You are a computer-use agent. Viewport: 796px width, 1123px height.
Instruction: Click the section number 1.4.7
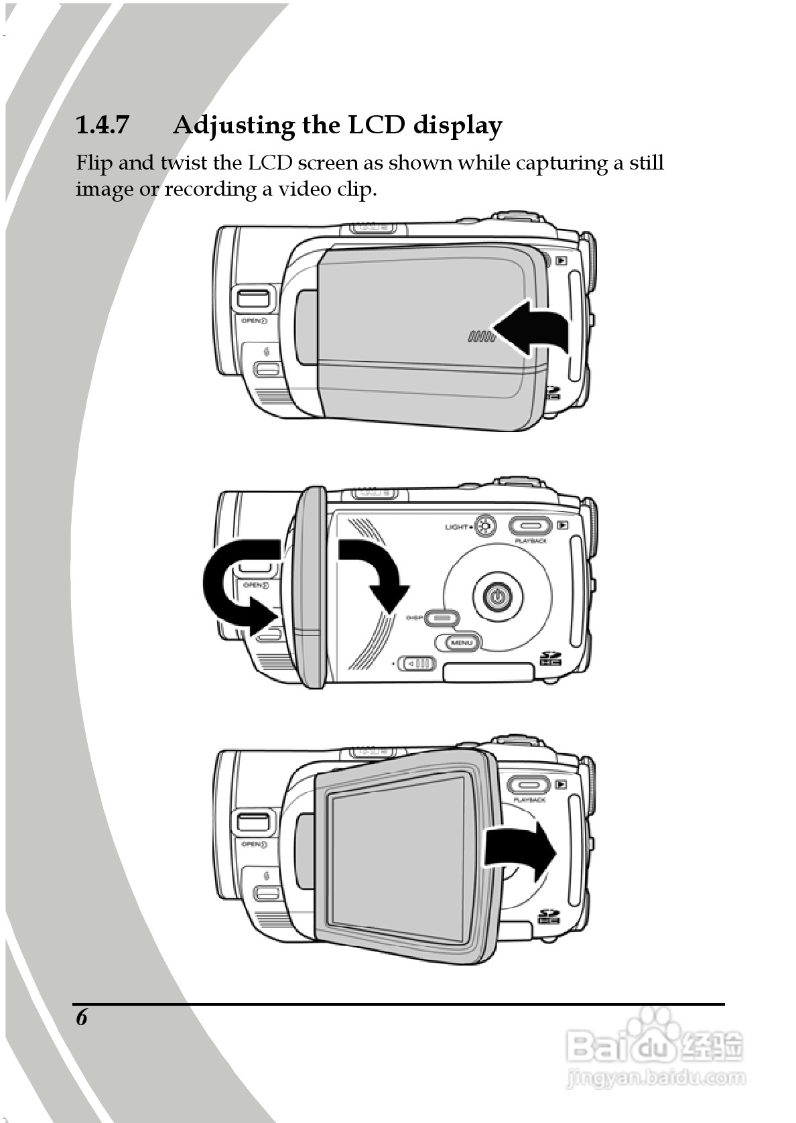click(x=102, y=125)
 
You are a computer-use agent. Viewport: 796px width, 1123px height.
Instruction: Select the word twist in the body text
click(x=184, y=163)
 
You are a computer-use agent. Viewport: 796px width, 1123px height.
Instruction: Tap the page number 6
click(x=82, y=1017)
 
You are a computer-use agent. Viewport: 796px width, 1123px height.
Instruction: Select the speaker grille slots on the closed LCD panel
click(x=480, y=336)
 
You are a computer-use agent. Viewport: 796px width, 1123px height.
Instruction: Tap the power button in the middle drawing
click(x=496, y=595)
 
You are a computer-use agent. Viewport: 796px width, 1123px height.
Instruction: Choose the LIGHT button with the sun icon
click(x=484, y=527)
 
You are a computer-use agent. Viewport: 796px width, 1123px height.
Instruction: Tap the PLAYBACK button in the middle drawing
click(x=530, y=527)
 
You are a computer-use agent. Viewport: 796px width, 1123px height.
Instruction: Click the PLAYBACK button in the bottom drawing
click(x=529, y=785)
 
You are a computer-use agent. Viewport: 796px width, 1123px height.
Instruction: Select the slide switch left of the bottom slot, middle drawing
click(x=416, y=663)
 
